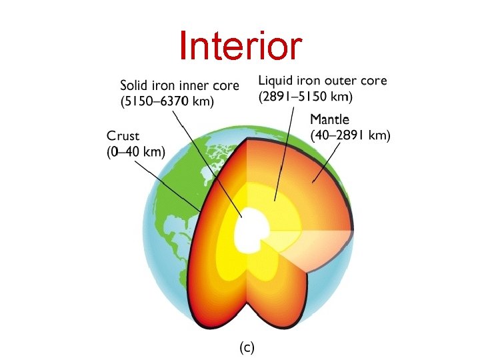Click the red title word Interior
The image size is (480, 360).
240,46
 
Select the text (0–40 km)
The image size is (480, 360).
135,152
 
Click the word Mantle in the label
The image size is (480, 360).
330,120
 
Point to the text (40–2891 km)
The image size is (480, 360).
351,136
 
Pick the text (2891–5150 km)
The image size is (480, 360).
305,96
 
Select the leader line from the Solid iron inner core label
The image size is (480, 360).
207,160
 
